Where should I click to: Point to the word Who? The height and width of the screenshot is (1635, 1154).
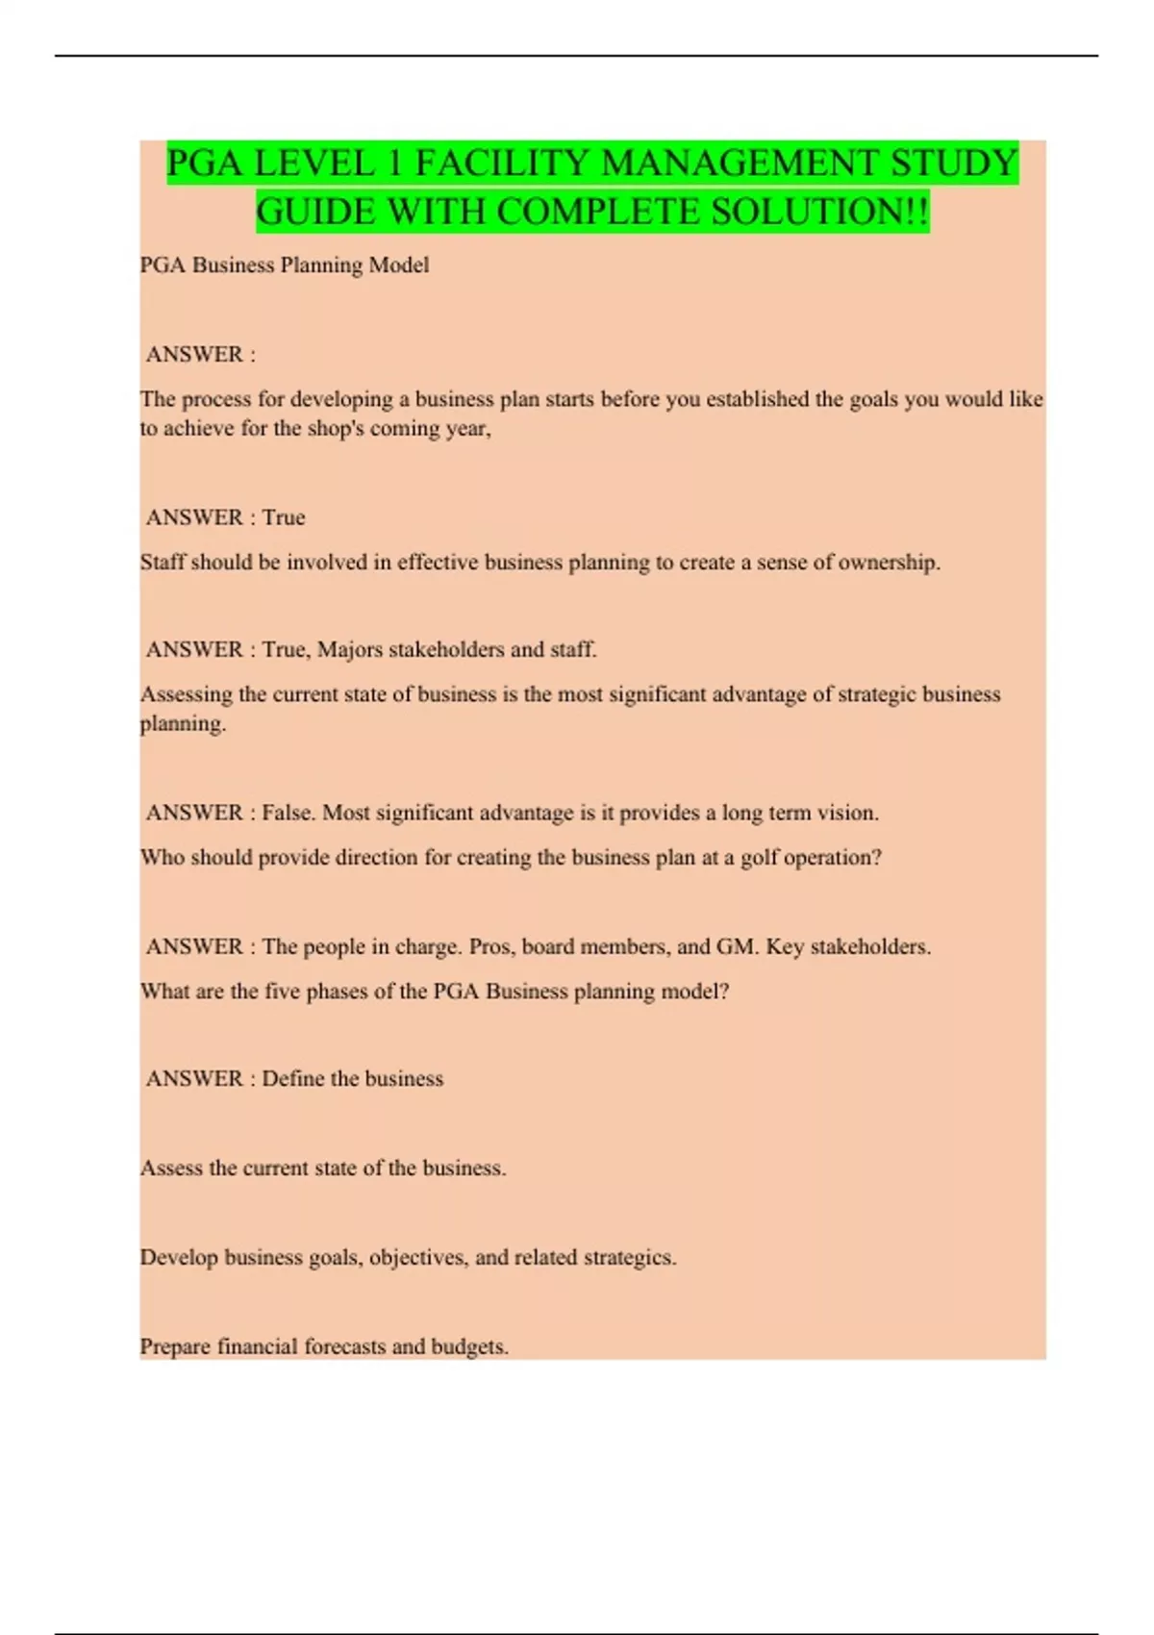click(x=162, y=858)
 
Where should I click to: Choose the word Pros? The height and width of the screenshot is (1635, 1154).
click(x=490, y=947)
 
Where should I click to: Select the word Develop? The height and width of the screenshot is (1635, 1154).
click(x=179, y=1258)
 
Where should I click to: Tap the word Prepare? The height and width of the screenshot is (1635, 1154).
click(x=174, y=1347)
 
